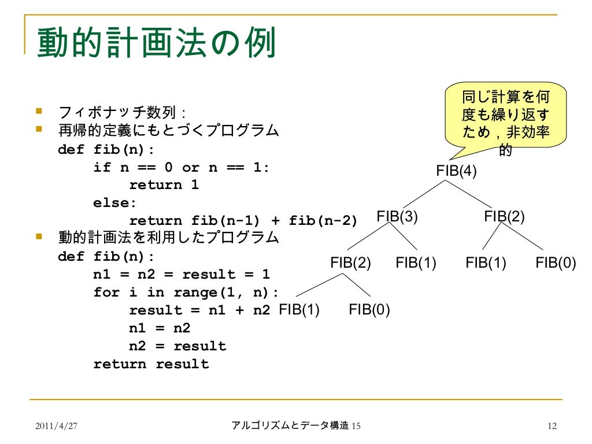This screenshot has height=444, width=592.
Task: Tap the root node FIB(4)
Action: click(x=457, y=172)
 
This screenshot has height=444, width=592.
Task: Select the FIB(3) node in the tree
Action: click(x=397, y=217)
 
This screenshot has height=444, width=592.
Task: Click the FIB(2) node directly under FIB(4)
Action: click(x=505, y=217)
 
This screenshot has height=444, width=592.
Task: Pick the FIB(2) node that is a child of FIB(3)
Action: click(x=350, y=263)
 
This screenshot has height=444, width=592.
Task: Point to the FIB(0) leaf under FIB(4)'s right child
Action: click(x=556, y=263)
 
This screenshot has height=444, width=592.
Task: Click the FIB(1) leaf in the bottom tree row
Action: click(x=299, y=310)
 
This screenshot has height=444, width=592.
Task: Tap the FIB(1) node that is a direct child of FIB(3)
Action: click(x=416, y=263)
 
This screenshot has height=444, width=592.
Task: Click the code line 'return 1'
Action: click(x=164, y=185)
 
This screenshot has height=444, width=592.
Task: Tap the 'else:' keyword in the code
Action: click(x=116, y=203)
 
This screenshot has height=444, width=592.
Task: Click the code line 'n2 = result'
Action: click(x=177, y=346)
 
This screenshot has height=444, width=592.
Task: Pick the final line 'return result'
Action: click(x=151, y=364)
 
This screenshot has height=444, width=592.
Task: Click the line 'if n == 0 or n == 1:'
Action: click(x=182, y=168)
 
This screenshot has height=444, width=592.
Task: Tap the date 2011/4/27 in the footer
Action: click(x=56, y=426)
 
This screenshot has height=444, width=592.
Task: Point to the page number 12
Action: click(x=551, y=426)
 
